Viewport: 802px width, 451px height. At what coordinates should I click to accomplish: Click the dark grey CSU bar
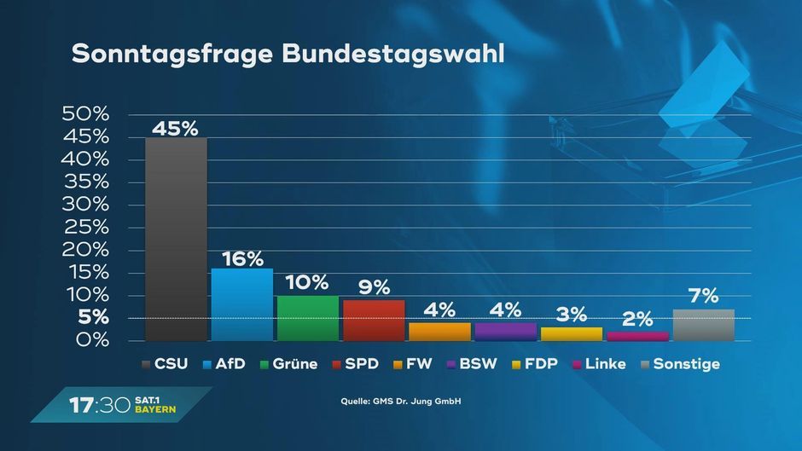176,239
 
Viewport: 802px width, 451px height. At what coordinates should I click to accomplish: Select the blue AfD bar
242,304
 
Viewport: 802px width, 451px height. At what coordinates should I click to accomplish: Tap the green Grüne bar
308,318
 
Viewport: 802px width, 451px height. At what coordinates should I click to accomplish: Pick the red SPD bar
374,320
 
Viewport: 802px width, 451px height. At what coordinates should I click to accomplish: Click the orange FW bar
439,332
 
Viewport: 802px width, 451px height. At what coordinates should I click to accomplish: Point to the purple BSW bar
506,332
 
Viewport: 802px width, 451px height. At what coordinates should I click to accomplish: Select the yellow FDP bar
572,333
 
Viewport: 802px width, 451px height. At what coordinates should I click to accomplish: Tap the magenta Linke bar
637,336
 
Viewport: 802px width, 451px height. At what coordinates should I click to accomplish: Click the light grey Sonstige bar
704,325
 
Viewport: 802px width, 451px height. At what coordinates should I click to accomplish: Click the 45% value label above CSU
175,129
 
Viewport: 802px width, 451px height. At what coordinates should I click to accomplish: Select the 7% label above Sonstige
704,297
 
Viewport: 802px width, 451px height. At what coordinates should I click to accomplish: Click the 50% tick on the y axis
86,114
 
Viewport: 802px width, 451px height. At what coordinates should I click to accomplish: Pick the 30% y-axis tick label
86,205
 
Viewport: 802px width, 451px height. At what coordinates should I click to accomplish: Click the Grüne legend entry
289,364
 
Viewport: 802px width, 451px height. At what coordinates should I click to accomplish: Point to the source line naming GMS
400,401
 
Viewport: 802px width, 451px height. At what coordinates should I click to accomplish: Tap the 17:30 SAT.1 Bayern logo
123,405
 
